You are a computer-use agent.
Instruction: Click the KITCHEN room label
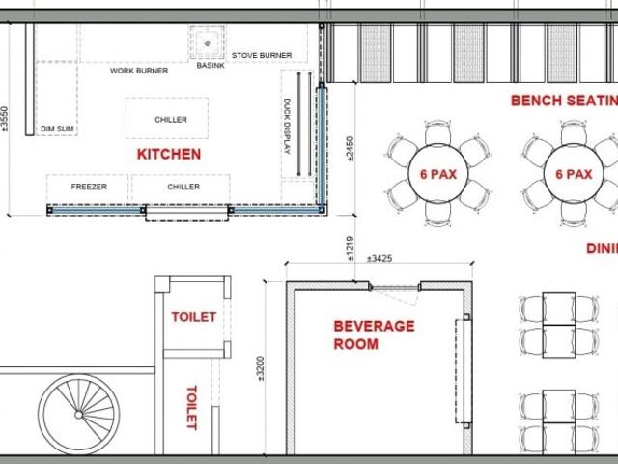click(169, 154)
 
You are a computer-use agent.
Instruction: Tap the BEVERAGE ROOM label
click(374, 335)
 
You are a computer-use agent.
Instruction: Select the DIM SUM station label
click(57, 129)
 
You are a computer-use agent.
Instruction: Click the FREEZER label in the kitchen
click(89, 187)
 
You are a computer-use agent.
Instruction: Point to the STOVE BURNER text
click(262, 56)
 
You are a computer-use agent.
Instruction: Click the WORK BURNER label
click(139, 71)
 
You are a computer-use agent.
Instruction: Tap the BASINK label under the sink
click(211, 65)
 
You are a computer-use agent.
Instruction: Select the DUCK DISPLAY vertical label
click(287, 126)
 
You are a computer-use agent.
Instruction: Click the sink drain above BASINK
click(208, 43)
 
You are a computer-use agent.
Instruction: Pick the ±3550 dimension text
click(4, 119)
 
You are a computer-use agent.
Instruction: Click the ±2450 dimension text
click(350, 149)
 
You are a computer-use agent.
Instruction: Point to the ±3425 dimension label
click(379, 259)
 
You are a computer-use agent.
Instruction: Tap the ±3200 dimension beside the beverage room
click(261, 368)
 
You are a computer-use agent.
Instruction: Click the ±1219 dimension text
click(350, 248)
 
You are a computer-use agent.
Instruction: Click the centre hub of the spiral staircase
click(79, 415)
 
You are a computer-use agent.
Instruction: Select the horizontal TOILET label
click(193, 317)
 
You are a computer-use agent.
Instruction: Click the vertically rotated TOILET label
click(191, 408)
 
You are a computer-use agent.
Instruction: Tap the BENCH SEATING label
click(564, 101)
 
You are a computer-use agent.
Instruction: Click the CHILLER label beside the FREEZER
click(183, 187)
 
